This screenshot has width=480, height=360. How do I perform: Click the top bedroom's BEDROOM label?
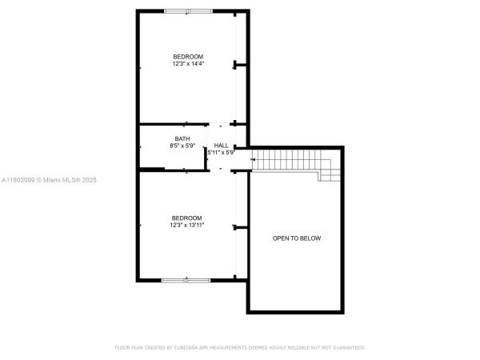tap(188, 57)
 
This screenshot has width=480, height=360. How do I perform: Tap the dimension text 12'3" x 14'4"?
tap(188, 64)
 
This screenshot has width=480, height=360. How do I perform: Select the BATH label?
tap(182, 138)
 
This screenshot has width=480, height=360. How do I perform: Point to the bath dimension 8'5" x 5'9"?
tap(182, 146)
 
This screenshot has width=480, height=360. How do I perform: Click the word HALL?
tap(221, 146)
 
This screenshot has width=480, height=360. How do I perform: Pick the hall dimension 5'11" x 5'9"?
tap(222, 153)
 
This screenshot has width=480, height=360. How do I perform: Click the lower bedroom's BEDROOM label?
tap(186, 218)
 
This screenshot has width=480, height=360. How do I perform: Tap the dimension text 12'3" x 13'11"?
tap(186, 225)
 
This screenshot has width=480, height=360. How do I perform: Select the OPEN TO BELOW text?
tap(297, 238)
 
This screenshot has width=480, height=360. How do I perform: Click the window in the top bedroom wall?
tap(188, 11)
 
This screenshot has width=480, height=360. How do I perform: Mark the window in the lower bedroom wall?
tap(186, 280)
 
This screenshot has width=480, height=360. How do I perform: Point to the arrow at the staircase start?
tap(253, 159)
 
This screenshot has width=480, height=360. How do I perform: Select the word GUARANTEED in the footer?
tap(350, 347)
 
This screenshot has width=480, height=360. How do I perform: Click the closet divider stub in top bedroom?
tap(240, 65)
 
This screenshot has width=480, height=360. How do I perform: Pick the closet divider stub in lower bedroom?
tap(240, 227)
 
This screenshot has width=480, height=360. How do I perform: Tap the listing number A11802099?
tap(18, 180)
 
